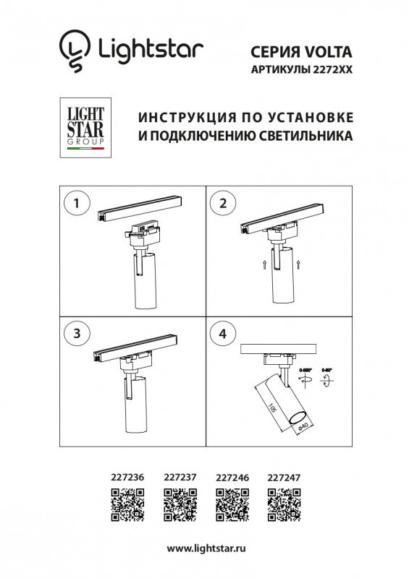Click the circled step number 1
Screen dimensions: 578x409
76,204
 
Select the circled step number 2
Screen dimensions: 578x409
223,204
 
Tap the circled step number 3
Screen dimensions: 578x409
76,334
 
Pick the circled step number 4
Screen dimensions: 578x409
223,334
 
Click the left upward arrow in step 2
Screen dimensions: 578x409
264,265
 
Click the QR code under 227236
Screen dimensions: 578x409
127,504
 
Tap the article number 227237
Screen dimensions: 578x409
180,477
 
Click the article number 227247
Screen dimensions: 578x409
284,477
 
